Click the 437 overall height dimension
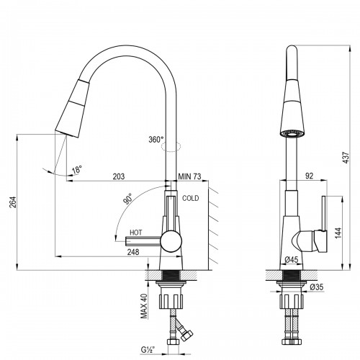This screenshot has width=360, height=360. point(346,158)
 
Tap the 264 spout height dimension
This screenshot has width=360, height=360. point(13,202)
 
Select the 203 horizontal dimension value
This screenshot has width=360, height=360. point(119,176)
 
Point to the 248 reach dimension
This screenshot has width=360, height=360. point(133,252)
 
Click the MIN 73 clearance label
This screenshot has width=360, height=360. point(189,176)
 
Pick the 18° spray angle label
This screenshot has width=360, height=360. point(77,169)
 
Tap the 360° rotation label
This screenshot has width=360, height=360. point(156,140)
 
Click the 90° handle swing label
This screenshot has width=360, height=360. point(128,199)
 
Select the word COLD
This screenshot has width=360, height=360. point(191,198)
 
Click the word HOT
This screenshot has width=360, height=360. point(136,233)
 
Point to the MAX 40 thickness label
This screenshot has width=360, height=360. point(144,306)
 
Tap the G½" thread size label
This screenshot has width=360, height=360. point(148,350)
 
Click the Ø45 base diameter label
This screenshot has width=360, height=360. point(292,259)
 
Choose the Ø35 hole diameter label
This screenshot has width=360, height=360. point(317,287)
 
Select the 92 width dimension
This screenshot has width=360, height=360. point(310,176)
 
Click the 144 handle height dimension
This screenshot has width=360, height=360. point(338,233)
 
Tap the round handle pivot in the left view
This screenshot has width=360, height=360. point(171,240)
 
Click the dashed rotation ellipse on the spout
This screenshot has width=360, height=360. point(171,146)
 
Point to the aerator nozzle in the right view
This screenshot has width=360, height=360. point(292,134)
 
